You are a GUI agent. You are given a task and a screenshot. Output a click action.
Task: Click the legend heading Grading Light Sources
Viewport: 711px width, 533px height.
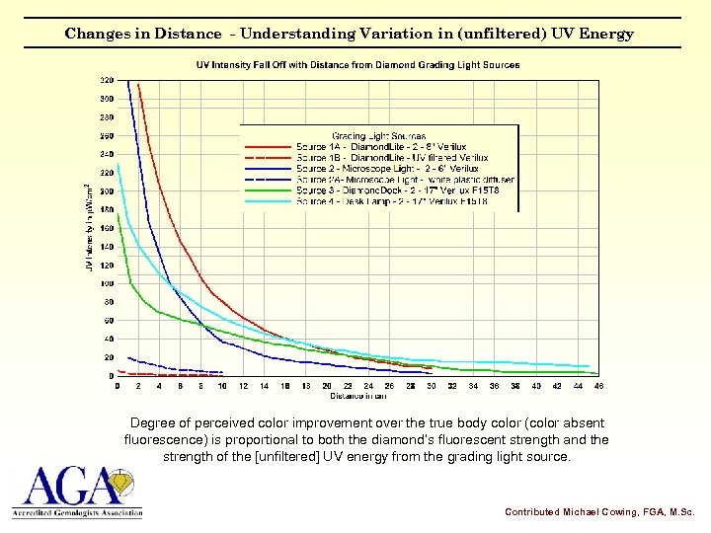pyautogui.click(x=378, y=136)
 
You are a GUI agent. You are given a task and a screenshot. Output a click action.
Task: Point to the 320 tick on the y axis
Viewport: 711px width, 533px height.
pyautogui.click(x=106, y=80)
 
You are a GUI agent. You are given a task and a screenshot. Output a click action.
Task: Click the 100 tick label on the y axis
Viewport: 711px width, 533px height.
pyautogui.click(x=106, y=283)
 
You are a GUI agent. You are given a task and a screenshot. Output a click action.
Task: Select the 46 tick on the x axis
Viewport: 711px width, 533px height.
pyautogui.click(x=598, y=386)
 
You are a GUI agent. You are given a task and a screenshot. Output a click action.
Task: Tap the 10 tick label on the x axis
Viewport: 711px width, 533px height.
pyautogui.click(x=222, y=386)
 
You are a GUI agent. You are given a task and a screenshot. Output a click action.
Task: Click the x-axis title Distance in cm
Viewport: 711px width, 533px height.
pyautogui.click(x=358, y=396)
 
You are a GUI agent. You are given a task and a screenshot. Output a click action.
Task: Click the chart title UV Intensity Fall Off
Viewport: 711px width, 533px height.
pyautogui.click(x=357, y=65)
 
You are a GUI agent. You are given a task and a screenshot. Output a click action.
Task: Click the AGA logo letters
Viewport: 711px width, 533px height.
pyautogui.click(x=64, y=487)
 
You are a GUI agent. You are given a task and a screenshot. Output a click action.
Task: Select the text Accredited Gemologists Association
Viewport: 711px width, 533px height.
pyautogui.click(x=77, y=513)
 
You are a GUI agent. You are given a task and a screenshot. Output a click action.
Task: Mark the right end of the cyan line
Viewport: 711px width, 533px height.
pyautogui.click(x=590, y=366)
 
